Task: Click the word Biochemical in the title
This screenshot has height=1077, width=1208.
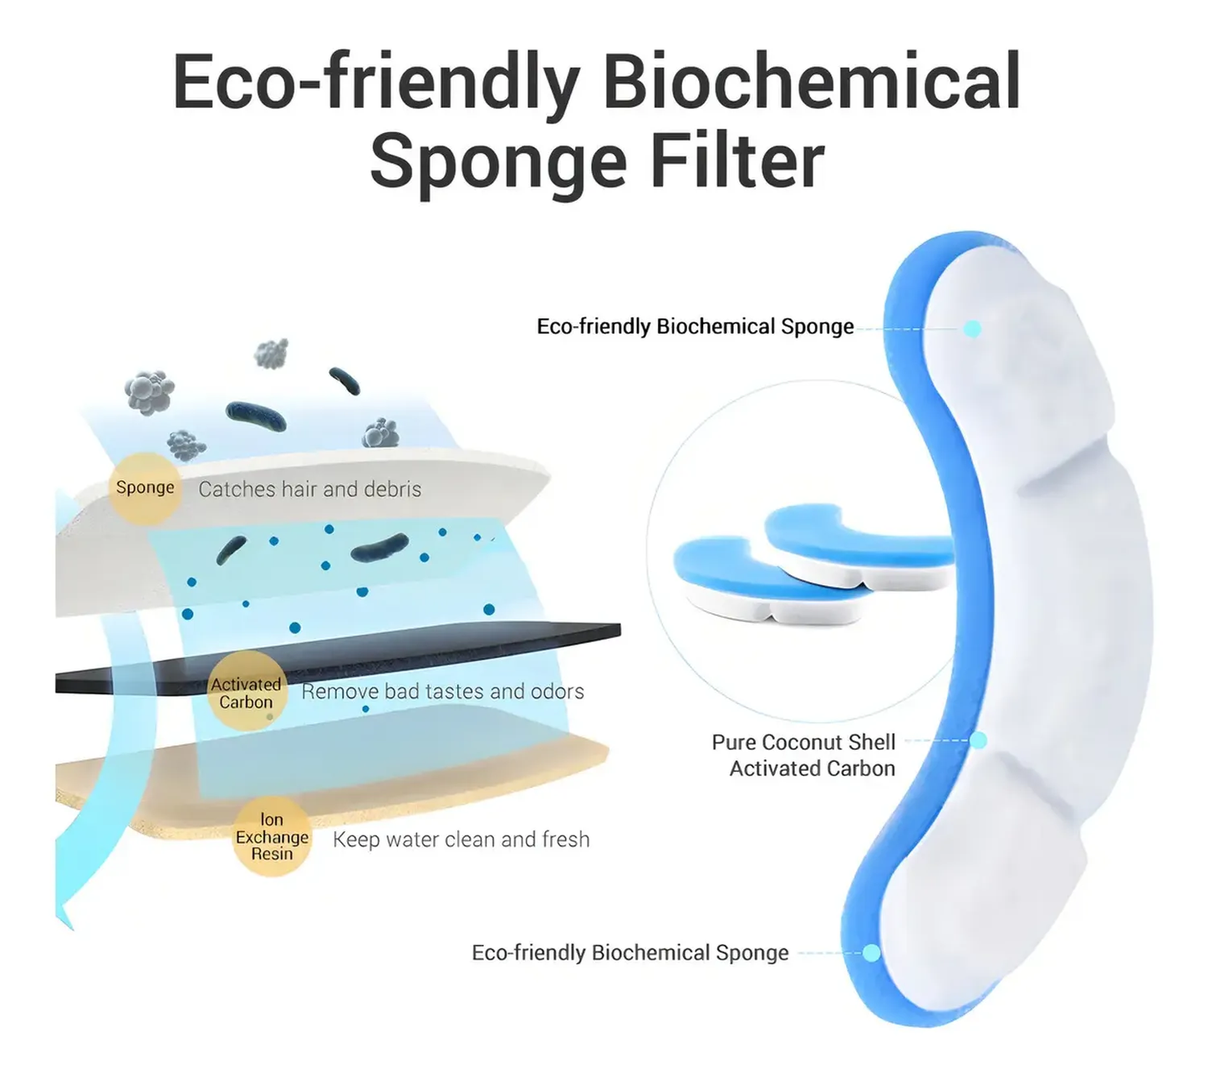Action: [x=812, y=81]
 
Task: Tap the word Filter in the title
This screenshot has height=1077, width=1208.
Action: [x=737, y=161]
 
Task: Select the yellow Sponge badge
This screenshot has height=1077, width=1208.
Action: [x=145, y=487]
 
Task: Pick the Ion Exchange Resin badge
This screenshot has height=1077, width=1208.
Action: [x=272, y=836]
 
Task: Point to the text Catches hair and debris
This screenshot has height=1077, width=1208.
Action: [x=309, y=489]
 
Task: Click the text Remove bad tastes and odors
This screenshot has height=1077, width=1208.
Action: [x=442, y=692]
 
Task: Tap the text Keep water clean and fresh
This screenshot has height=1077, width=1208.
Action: [x=461, y=839]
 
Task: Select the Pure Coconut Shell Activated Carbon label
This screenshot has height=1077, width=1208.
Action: [x=803, y=755]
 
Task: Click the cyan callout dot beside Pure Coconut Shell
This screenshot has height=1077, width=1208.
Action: [x=977, y=740]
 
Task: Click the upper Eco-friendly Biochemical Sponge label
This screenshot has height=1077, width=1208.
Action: [x=696, y=327]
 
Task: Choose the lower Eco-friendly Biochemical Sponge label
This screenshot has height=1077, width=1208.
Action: [x=629, y=952]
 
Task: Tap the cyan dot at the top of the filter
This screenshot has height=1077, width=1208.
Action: [x=972, y=329]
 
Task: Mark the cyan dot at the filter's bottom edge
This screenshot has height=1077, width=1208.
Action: [x=872, y=952]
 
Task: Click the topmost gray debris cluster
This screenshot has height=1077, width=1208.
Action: [x=272, y=353]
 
